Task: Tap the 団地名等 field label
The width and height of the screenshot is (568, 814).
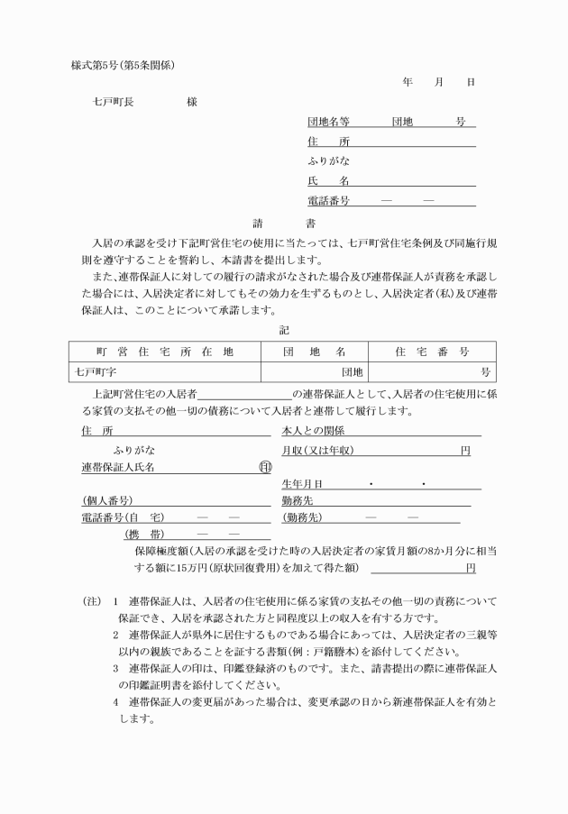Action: (328, 122)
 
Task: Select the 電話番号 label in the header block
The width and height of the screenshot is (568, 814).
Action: (328, 200)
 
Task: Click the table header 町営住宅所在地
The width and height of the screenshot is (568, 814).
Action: (164, 352)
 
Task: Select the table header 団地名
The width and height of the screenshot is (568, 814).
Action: (315, 352)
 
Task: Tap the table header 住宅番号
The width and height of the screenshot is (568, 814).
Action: (432, 352)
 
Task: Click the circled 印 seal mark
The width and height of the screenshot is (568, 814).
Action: (264, 467)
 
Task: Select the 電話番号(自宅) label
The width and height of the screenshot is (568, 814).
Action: (123, 517)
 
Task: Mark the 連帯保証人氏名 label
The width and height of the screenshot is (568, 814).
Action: (118, 467)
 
